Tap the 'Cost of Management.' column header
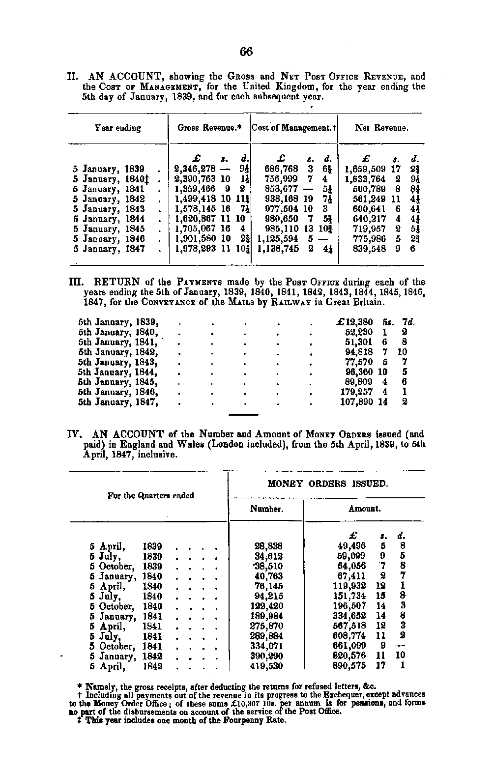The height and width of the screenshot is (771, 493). coord(293,128)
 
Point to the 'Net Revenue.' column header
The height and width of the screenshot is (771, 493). coord(381,128)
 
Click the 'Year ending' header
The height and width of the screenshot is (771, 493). coord(118,128)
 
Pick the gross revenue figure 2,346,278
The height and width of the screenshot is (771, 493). coord(196,169)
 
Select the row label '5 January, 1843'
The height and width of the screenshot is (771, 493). coord(109,209)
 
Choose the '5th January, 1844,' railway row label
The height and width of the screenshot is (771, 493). coord(118,372)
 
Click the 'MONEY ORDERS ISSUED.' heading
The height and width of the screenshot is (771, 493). coord(327,484)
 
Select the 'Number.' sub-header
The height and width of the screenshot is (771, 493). coord(266,509)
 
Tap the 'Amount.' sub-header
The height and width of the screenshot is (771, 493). coord(364,509)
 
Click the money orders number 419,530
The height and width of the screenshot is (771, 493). coord(266,666)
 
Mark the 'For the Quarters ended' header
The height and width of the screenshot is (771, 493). coord(150,496)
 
